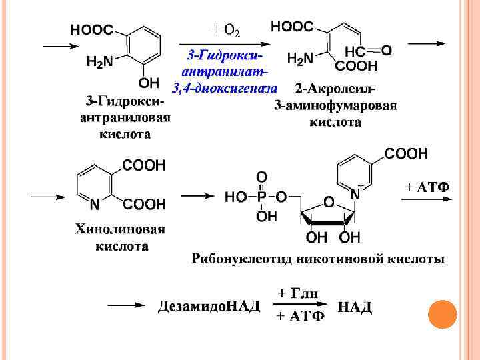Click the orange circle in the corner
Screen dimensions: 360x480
[442, 314]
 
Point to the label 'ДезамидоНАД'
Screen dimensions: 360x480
[209, 307]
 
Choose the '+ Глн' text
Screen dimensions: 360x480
[297, 294]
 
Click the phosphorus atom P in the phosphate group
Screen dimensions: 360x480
[261, 197]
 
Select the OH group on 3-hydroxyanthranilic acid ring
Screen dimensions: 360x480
[149, 83]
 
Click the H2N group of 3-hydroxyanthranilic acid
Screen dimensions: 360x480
[100, 61]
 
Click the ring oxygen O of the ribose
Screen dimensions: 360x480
[328, 201]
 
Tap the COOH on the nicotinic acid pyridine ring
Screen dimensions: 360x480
[407, 153]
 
